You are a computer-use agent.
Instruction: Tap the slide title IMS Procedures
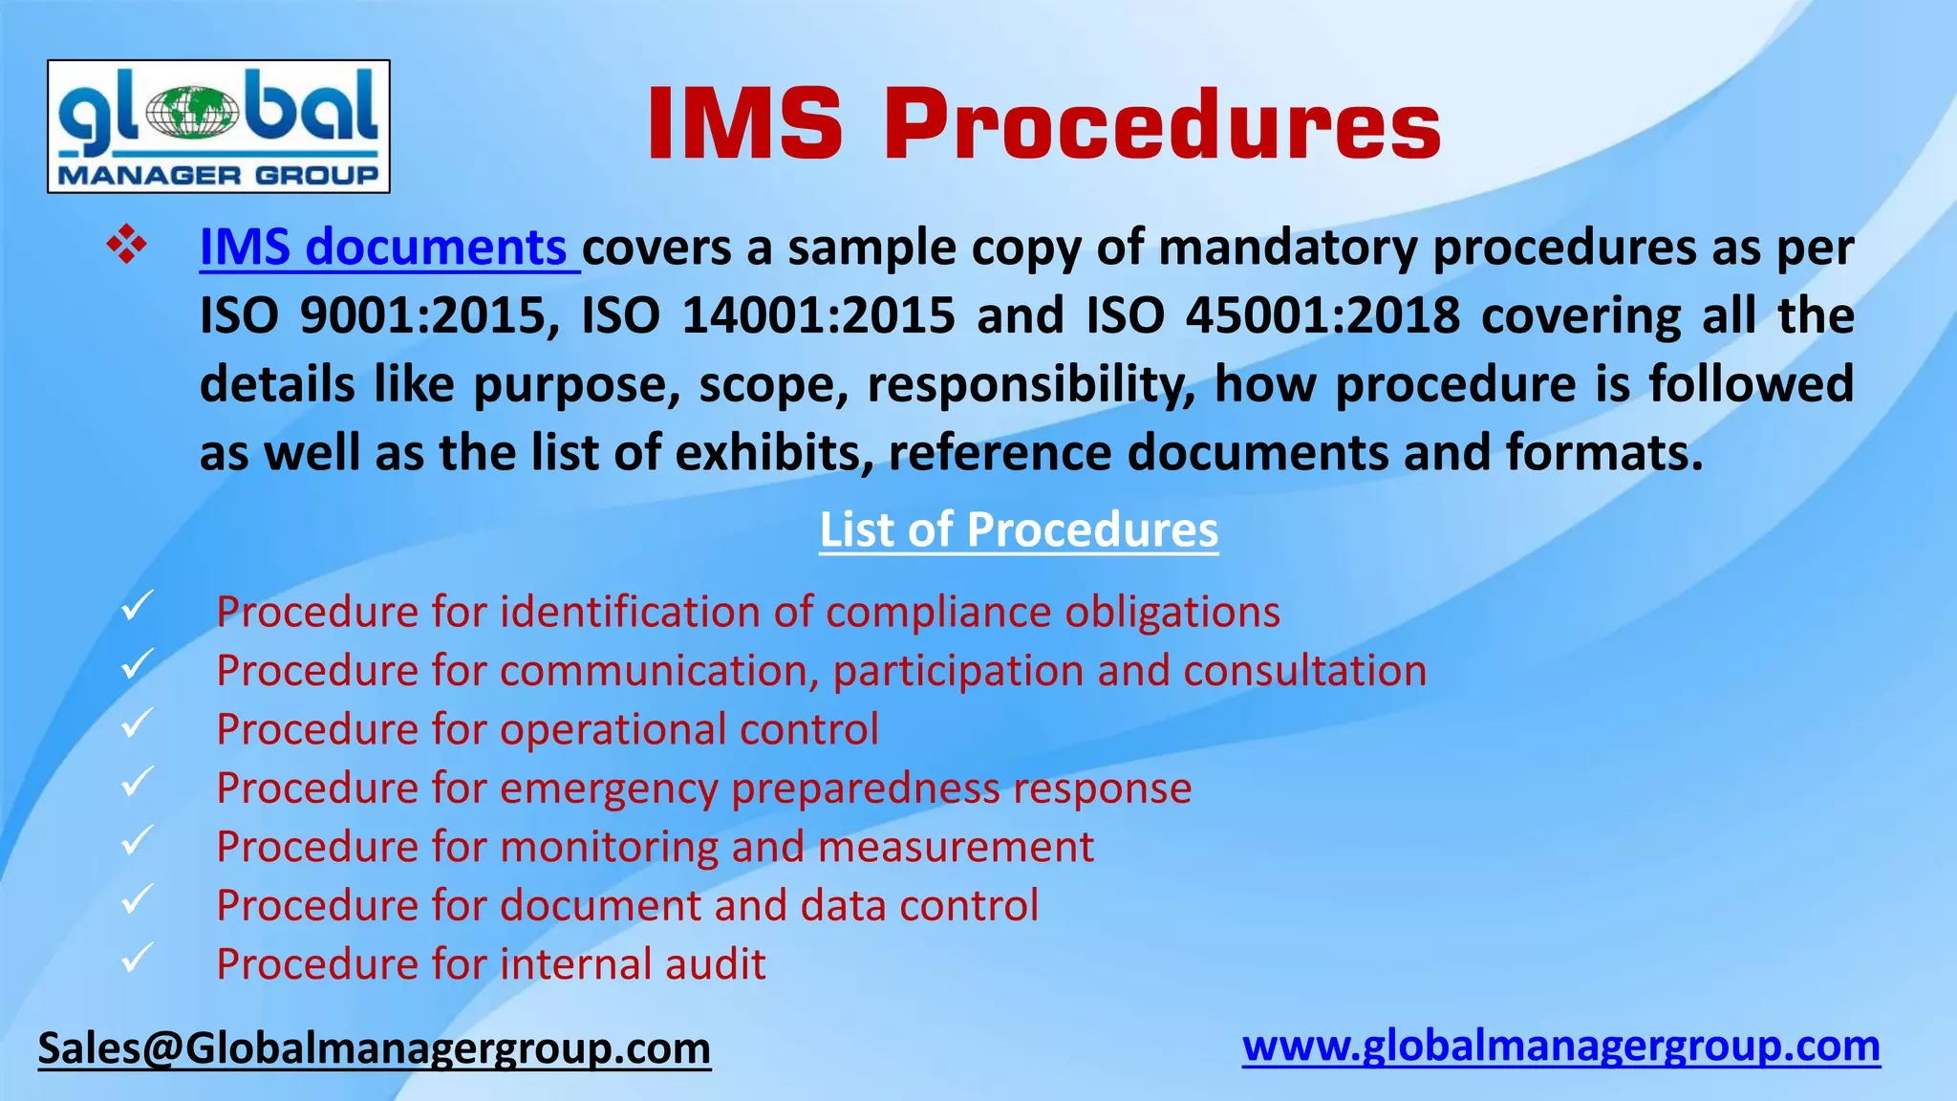1043,125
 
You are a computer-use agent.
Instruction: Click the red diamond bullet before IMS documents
126,246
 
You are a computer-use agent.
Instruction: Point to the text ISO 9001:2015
378,315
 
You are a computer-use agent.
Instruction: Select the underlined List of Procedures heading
1019,529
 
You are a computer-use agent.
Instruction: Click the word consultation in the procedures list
1304,671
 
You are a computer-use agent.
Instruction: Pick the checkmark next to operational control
138,723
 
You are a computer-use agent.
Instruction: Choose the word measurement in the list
956,847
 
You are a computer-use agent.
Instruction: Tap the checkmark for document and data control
138,898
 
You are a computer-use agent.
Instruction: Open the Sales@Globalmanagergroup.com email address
374,1048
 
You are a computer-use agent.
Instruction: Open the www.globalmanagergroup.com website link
1560,1047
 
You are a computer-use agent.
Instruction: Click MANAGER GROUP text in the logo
218,175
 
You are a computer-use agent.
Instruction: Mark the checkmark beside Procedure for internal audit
138,957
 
